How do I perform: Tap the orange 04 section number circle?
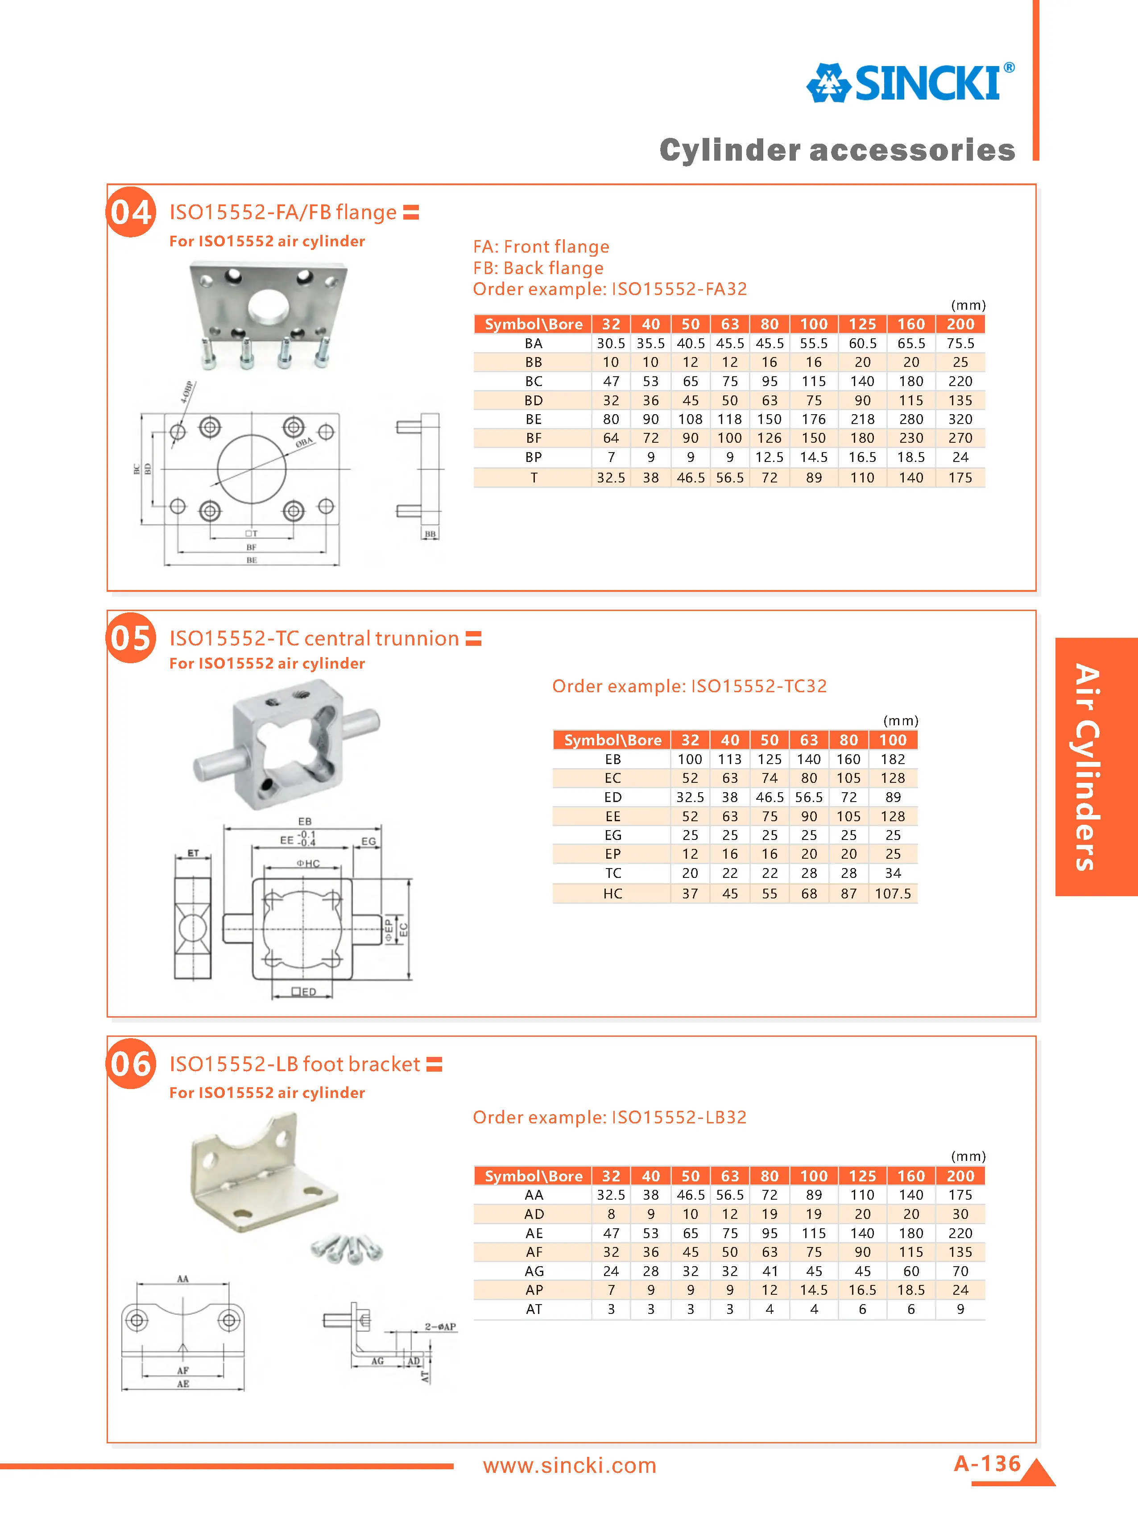coord(131,212)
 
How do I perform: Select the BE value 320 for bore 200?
coord(960,419)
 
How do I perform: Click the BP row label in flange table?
coord(533,457)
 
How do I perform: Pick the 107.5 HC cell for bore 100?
coord(892,893)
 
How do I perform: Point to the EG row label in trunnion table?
coord(612,835)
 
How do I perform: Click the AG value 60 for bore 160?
coord(910,1271)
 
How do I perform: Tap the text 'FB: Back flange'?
coord(538,268)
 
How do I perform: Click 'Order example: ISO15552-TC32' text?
coord(689,686)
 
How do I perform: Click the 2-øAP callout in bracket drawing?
coord(439,1326)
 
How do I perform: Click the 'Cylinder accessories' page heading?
coord(837,150)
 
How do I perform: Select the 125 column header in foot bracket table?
coord(862,1176)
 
